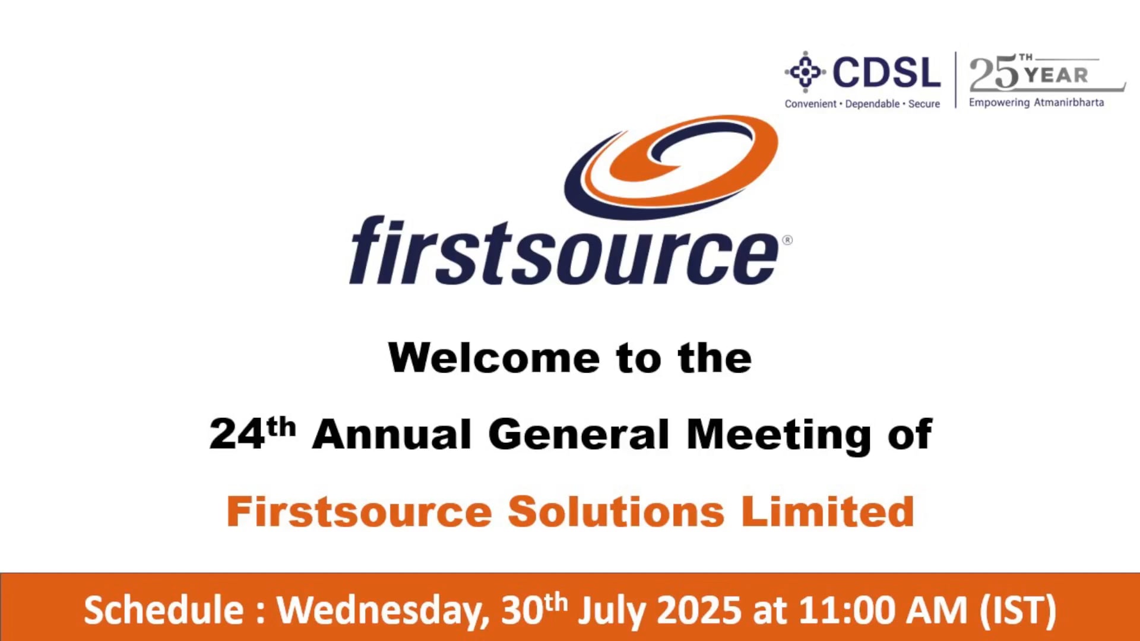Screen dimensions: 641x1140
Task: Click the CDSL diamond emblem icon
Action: (x=805, y=72)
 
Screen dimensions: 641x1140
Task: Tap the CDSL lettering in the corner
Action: (x=886, y=72)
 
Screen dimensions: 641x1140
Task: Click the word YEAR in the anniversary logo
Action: (x=1057, y=75)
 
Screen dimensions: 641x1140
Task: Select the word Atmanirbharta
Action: (x=1069, y=102)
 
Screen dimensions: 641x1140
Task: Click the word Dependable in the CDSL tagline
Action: (x=872, y=104)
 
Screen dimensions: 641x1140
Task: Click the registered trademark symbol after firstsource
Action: (x=787, y=240)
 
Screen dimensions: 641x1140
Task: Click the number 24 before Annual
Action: (x=237, y=434)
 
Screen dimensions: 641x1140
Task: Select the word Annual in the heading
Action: (x=392, y=434)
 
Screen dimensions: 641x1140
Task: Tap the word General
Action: (x=579, y=434)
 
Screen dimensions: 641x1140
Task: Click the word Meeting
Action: (x=778, y=435)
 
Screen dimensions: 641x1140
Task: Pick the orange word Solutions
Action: (x=616, y=512)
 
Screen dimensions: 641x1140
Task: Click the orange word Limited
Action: (x=828, y=512)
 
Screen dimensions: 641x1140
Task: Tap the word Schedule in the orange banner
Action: (x=164, y=610)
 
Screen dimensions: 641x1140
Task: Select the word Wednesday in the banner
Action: (x=384, y=610)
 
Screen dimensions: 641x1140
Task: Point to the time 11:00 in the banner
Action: (x=846, y=610)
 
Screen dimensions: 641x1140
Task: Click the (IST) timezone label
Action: (x=1018, y=610)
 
